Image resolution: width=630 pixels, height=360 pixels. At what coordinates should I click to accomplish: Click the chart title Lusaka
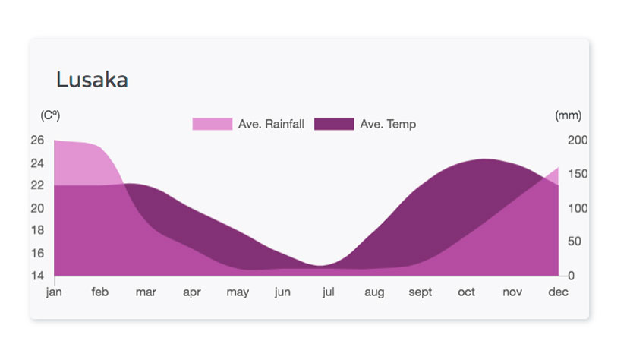point(92,80)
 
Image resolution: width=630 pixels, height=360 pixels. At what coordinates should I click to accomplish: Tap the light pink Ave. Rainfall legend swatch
point(212,124)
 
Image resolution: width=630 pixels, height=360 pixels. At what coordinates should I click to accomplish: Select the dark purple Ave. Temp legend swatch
point(334,124)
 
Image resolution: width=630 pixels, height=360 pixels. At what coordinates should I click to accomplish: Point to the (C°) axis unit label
point(50,115)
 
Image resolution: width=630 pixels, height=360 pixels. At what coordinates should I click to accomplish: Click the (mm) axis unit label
point(568,115)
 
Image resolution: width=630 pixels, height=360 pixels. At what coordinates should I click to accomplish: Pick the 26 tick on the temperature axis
point(37,140)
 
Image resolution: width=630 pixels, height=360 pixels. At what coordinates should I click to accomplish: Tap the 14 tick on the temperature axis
point(37,276)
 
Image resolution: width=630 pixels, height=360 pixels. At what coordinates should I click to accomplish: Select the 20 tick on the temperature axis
point(37,208)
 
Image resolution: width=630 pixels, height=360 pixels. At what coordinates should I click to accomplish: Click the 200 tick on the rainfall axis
point(578,140)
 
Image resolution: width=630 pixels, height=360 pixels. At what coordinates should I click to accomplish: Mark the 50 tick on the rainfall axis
point(575,242)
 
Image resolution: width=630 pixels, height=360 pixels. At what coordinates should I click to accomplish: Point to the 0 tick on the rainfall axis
point(572,276)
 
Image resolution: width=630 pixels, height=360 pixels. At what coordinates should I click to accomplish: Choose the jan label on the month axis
point(54,292)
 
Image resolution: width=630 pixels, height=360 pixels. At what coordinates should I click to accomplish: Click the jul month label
point(328,292)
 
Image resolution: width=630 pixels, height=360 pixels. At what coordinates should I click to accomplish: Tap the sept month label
point(421,292)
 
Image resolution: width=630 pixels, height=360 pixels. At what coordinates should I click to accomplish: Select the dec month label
point(558,292)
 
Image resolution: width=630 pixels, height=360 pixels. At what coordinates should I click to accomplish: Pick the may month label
point(238,292)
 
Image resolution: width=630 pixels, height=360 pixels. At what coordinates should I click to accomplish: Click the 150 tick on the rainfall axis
point(578,174)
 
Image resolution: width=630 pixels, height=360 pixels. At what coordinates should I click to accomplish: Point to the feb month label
point(99,292)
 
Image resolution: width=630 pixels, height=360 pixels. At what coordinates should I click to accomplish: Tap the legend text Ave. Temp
point(388,124)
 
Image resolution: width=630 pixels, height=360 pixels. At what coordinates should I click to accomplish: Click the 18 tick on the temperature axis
point(37,230)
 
